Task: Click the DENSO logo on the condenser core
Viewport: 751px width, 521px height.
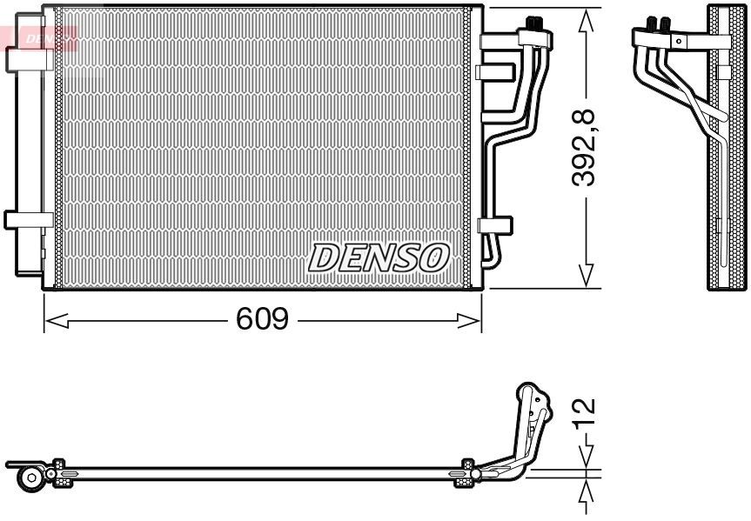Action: (x=379, y=257)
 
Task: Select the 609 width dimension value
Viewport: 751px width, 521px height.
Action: (x=262, y=320)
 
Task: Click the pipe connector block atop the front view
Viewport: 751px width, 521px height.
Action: (x=535, y=36)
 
